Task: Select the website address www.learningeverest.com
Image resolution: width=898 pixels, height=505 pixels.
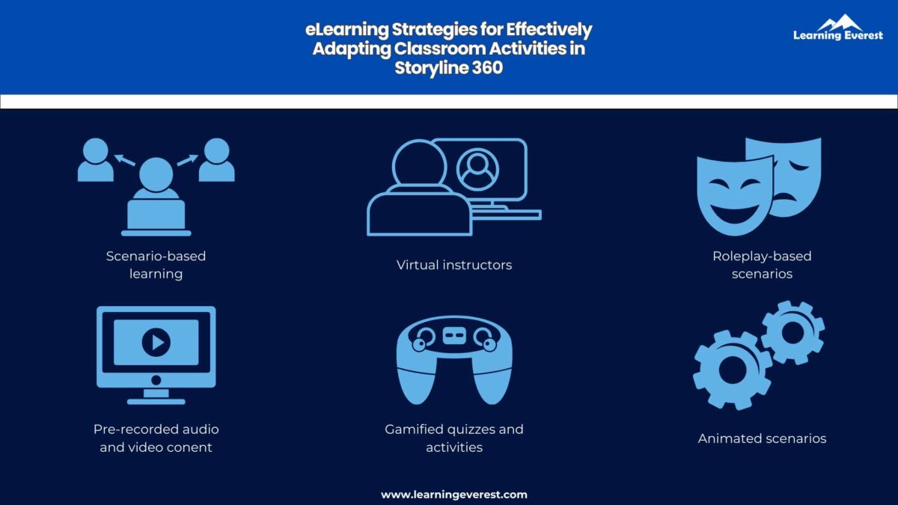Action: click(453, 495)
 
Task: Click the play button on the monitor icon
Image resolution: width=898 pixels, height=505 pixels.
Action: click(156, 343)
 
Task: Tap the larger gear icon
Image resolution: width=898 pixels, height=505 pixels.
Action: click(732, 369)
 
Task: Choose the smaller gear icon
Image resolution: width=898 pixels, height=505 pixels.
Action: click(792, 332)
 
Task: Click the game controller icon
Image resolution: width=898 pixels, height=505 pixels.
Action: click(453, 358)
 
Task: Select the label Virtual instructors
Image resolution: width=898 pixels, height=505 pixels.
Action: click(454, 265)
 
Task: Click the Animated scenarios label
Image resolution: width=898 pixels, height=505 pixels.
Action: click(762, 438)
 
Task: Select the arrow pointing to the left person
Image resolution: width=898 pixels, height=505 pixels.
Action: click(124, 159)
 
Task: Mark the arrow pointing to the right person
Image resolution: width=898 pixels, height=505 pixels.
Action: click(187, 159)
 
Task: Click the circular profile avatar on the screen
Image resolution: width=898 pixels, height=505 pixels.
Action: click(478, 169)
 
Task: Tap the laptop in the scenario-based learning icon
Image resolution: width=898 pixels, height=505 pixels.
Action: click(156, 215)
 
